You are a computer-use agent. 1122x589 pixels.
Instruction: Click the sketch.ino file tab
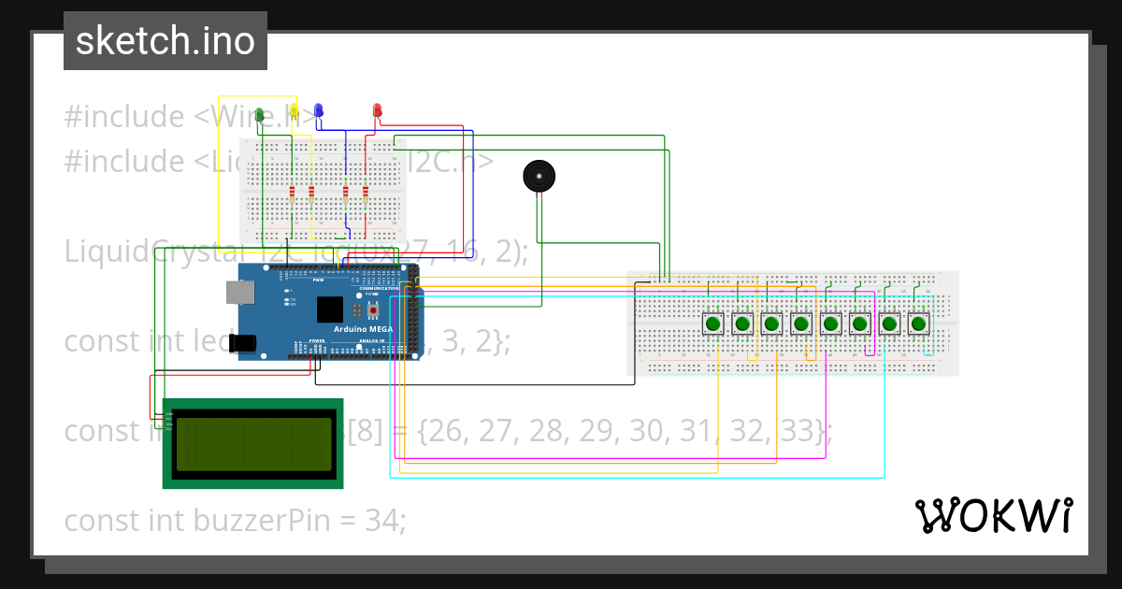pos(165,41)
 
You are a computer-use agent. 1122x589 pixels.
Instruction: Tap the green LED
pos(260,114)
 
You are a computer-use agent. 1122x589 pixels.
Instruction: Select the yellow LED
pos(294,113)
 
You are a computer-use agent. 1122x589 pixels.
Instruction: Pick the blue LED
pos(319,111)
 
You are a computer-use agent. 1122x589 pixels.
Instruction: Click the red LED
pos(378,111)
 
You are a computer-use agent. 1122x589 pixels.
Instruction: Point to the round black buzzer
pos(538,176)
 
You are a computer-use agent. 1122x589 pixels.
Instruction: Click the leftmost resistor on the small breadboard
pos(292,194)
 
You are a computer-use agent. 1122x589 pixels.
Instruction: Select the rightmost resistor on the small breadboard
pos(366,194)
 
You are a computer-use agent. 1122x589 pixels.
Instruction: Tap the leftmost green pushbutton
pos(713,323)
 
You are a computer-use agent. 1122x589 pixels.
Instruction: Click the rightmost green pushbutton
pos(918,323)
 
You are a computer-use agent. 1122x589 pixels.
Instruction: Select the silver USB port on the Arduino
pos(239,293)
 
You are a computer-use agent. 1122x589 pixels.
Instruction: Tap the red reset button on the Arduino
pos(374,310)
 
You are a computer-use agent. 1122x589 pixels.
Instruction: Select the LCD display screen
pos(252,443)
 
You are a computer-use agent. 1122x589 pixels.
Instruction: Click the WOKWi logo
pos(993,515)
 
